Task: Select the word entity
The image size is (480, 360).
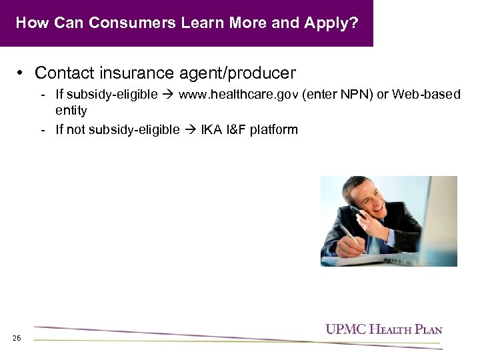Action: [x=71, y=110]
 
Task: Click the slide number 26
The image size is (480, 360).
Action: [x=17, y=339]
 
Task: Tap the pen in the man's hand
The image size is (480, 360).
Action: [x=347, y=233]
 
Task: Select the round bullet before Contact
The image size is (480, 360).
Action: [x=22, y=72]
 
